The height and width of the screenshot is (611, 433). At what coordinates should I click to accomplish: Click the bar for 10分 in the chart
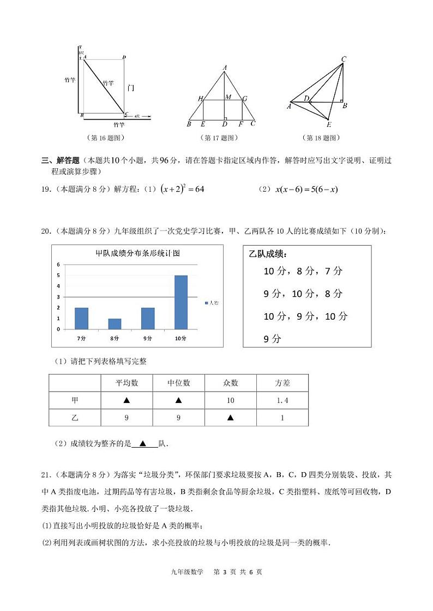(181, 302)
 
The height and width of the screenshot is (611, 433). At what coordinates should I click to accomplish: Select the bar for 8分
(115, 323)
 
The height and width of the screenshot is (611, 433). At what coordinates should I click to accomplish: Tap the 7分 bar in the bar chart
(81, 318)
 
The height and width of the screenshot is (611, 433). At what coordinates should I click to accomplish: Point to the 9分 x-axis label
(148, 338)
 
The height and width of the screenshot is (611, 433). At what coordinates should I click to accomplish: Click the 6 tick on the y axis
(58, 265)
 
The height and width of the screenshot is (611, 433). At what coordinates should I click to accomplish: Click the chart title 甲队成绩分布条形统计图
(138, 253)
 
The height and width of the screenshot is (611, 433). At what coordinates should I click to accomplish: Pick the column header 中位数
(178, 383)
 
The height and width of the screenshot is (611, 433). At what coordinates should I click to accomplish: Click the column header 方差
(282, 383)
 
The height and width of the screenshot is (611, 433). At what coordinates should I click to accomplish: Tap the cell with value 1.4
(282, 400)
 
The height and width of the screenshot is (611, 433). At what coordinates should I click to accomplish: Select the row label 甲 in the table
(75, 400)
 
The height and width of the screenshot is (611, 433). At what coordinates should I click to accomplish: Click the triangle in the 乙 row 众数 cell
(230, 418)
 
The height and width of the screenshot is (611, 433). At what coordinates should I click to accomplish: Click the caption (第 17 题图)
(221, 138)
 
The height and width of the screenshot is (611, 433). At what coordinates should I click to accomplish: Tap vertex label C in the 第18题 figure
(344, 59)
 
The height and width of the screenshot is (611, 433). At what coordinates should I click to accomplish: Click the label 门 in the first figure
(131, 88)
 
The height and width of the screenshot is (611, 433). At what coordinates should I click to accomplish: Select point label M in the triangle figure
(228, 97)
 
